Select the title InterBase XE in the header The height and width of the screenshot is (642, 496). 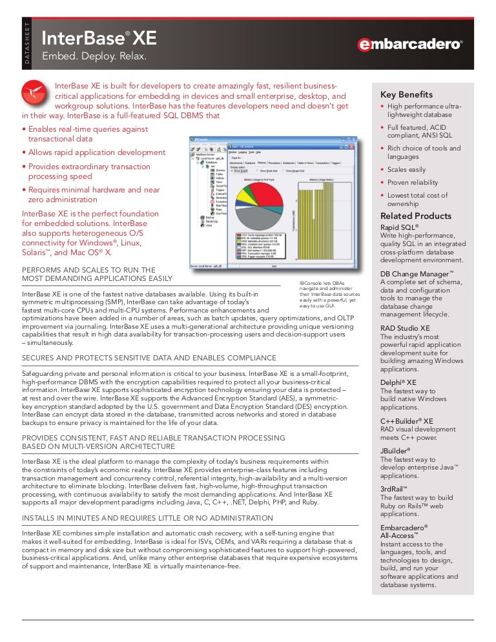click(x=99, y=38)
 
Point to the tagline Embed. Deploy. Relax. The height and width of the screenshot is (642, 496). click(x=94, y=58)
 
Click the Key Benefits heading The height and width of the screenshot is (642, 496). click(x=406, y=95)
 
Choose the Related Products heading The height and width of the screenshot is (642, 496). click(x=416, y=216)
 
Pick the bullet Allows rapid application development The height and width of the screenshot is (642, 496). click(x=94, y=152)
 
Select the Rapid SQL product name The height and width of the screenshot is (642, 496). click(x=400, y=228)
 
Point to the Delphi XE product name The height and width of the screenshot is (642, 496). click(x=398, y=382)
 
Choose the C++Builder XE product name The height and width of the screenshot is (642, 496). click(x=407, y=421)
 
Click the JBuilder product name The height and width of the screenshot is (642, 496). click(x=396, y=450)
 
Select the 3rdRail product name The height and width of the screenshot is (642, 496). click(x=395, y=489)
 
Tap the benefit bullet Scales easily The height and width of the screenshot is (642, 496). click(x=407, y=169)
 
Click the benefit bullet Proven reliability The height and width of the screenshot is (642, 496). click(x=413, y=182)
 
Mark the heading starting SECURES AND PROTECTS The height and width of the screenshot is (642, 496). click(x=149, y=358)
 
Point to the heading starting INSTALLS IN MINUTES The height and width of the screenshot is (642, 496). click(x=147, y=518)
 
